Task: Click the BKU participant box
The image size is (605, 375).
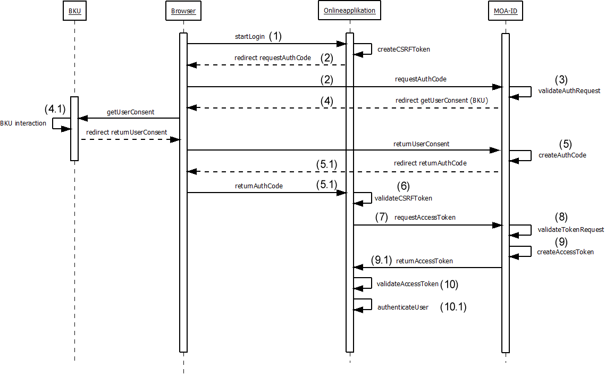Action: (x=74, y=11)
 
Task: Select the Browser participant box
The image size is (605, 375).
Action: (x=183, y=11)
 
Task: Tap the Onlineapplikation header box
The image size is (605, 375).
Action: (x=349, y=11)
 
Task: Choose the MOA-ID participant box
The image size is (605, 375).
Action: (x=505, y=11)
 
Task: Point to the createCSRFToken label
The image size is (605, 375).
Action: (x=404, y=49)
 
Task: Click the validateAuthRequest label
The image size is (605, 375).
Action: (x=569, y=91)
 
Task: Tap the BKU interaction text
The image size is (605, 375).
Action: (x=23, y=123)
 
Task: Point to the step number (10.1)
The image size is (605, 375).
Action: (x=453, y=307)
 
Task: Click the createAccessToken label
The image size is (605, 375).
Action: (x=565, y=252)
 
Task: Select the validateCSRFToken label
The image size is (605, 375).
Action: (x=404, y=198)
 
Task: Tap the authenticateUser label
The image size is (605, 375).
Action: (x=402, y=307)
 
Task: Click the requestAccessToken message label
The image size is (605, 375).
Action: (x=425, y=218)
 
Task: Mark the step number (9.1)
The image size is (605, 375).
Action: (x=381, y=261)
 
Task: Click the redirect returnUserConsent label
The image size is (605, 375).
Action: (x=127, y=132)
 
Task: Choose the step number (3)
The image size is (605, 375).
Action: (x=561, y=80)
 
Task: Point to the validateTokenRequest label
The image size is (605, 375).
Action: (x=571, y=230)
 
